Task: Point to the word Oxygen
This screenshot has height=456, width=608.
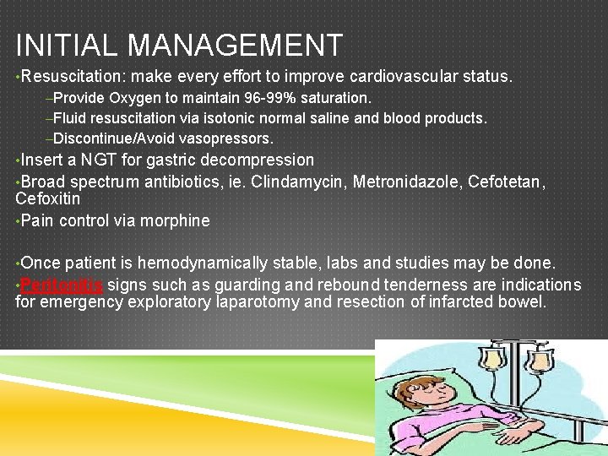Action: (x=131, y=99)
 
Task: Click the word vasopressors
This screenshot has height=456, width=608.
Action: (x=234, y=138)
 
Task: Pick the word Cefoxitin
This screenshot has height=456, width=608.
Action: (x=48, y=199)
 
